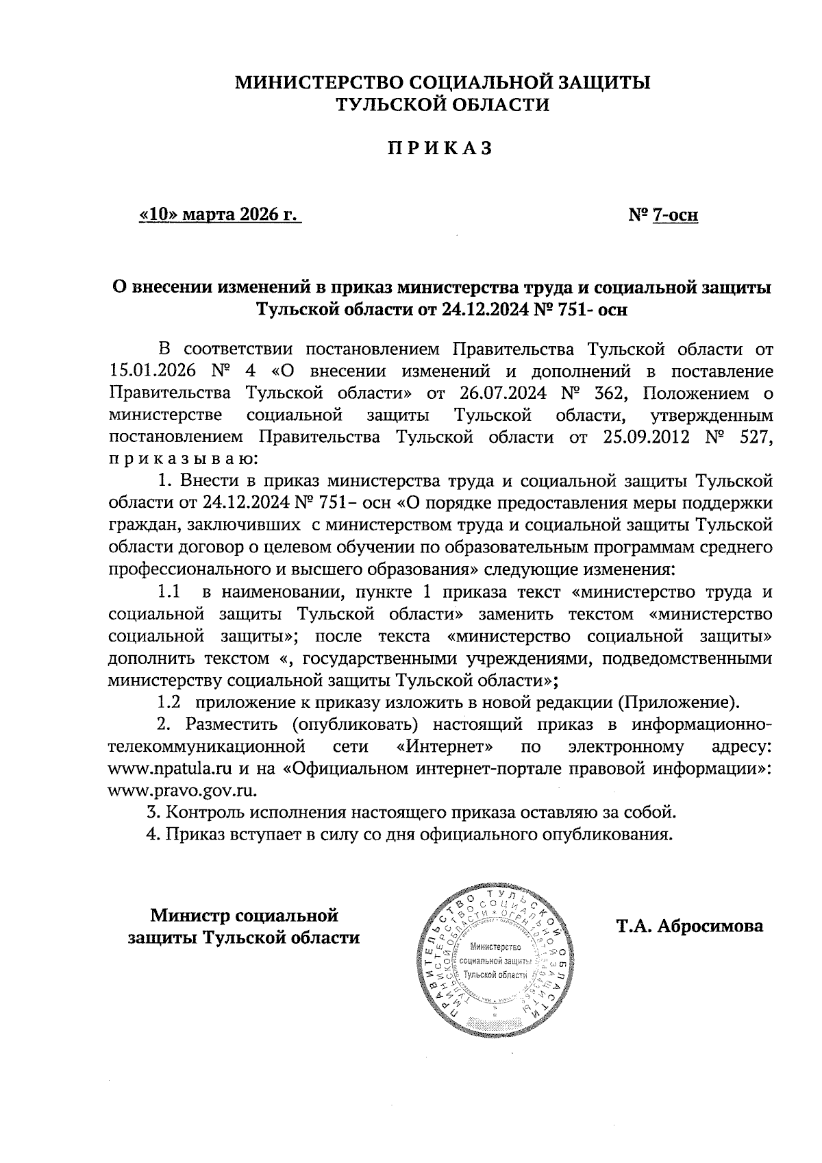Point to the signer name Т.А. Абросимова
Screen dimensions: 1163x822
689,927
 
